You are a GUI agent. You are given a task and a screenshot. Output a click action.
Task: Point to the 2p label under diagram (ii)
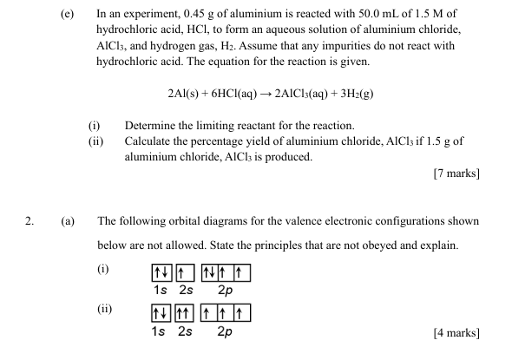225,331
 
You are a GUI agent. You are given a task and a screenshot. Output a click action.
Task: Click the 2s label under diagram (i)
185,290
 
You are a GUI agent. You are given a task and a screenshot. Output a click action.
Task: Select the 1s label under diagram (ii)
161,331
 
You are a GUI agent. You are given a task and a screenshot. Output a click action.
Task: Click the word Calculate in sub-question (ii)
151,141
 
